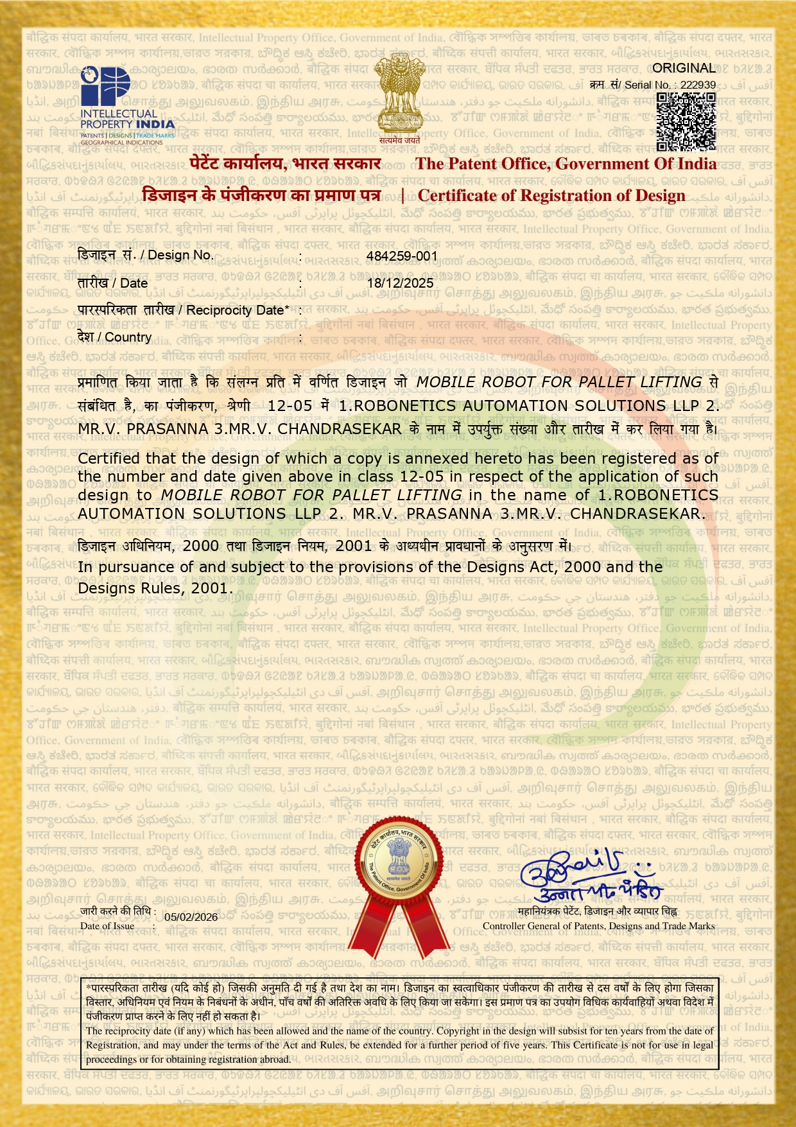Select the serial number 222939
[x=698, y=85]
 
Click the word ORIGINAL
[x=684, y=68]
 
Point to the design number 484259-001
[x=402, y=256]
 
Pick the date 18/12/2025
[x=400, y=283]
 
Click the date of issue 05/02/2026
[x=191, y=916]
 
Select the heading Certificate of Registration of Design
[x=551, y=195]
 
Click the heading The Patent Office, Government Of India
[x=566, y=164]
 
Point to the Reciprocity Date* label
[x=238, y=310]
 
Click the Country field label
[x=128, y=337]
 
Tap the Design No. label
[x=176, y=256]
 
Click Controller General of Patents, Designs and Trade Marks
[x=598, y=926]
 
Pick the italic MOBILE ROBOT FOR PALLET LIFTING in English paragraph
[x=311, y=495]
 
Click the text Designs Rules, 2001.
[x=153, y=588]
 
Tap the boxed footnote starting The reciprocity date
[x=399, y=1045]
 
